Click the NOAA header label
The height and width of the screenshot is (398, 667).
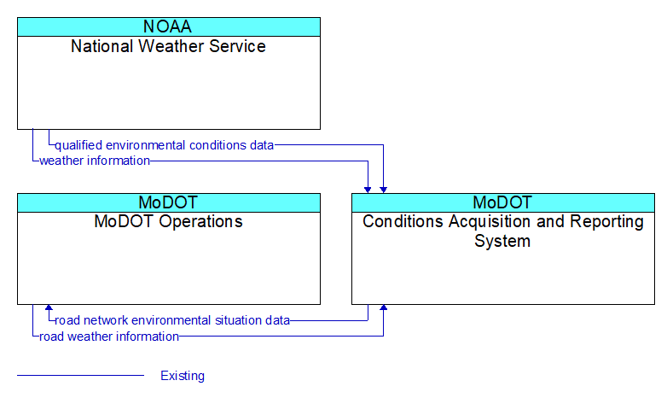[167, 26]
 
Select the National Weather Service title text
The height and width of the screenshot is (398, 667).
[168, 46]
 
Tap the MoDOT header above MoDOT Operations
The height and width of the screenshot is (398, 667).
[168, 202]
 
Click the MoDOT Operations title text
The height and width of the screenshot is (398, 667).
[168, 221]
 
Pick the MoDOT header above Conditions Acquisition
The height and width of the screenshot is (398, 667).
[502, 202]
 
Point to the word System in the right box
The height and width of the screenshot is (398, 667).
[502, 241]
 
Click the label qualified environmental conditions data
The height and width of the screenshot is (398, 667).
[165, 145]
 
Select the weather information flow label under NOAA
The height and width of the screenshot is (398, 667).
[95, 161]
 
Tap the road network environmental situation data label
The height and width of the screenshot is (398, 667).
[172, 320]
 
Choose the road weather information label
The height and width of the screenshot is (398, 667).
[109, 337]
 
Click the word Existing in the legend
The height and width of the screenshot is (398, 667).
[183, 376]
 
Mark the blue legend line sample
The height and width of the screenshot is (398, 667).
[80, 376]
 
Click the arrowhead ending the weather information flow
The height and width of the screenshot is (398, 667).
[368, 190]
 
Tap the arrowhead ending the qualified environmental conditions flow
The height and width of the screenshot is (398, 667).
[383, 190]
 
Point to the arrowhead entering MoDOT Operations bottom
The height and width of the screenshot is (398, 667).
[49, 307]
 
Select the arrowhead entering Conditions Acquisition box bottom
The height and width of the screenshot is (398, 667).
[383, 307]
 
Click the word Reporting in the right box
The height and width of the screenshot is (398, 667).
[606, 222]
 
